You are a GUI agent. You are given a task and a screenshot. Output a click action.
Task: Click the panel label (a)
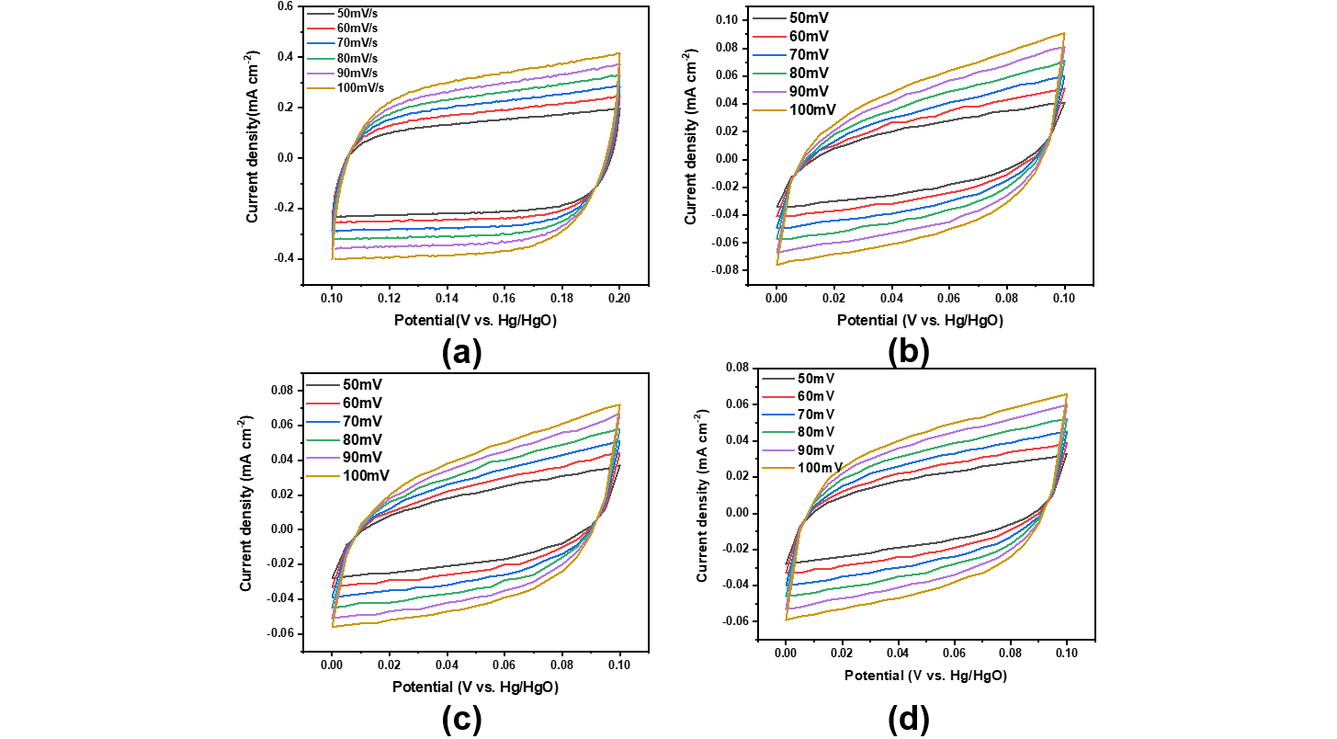click(461, 352)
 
